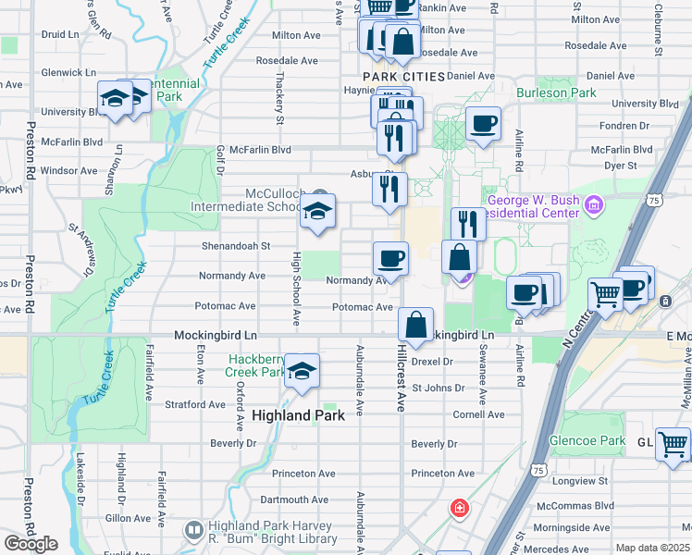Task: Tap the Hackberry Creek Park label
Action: pyautogui.click(x=258, y=364)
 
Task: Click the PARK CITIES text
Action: pyautogui.click(x=404, y=76)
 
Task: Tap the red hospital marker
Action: pyautogui.click(x=458, y=508)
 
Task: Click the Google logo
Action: pyautogui.click(x=31, y=543)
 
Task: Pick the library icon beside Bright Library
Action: pyautogui.click(x=193, y=530)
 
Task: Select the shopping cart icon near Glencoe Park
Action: pyautogui.click(x=673, y=444)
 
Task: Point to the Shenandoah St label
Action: pyautogui.click(x=236, y=246)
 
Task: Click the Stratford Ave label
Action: pyautogui.click(x=195, y=404)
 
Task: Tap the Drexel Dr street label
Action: pyautogui.click(x=432, y=362)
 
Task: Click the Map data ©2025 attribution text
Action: pyautogui.click(x=651, y=548)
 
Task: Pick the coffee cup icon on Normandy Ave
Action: pyautogui.click(x=390, y=258)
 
